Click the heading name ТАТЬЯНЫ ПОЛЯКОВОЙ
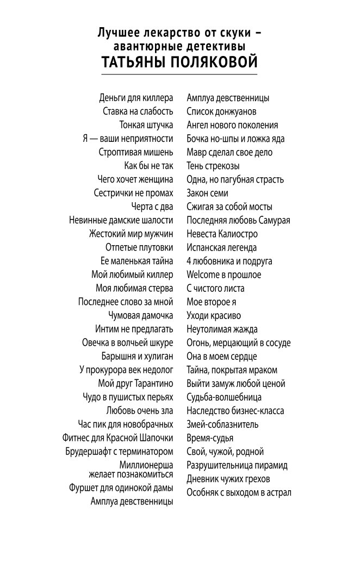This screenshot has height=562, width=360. pos(179,62)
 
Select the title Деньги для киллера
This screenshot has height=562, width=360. pos(136,98)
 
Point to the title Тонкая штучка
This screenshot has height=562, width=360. pos(146,126)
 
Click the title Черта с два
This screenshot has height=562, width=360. pos(152,207)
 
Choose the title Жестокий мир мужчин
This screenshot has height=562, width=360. pos(131,234)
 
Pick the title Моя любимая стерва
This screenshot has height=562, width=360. pos(134,289)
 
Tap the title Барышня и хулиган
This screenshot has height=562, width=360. pos(137,357)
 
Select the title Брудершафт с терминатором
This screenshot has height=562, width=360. pos(119,452)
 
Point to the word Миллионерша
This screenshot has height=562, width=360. pos(146,465)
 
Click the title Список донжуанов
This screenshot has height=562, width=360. pos(221,112)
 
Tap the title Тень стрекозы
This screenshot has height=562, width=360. pos(213,166)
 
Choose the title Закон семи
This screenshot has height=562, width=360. pos(207,193)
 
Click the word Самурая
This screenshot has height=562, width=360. pos(273,221)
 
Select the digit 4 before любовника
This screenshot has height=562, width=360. pos(189,261)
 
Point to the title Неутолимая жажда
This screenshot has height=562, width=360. pos(222,329)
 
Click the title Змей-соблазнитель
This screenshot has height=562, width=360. pos(222,424)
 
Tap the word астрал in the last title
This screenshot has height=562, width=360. pos(278,493)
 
